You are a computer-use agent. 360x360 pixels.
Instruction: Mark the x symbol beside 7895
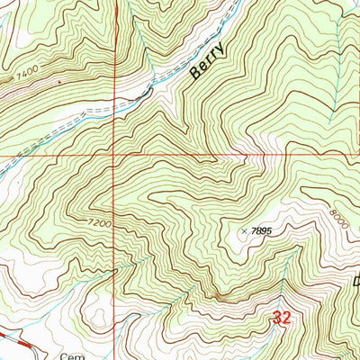243,230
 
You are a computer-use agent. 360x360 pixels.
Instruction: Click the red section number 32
282,317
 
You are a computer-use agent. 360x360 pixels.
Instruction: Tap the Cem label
74,355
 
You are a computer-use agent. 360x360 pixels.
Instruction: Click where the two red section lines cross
114,155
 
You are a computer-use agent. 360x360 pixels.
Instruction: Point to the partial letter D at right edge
356,281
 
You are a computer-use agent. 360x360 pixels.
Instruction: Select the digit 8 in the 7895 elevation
257,231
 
